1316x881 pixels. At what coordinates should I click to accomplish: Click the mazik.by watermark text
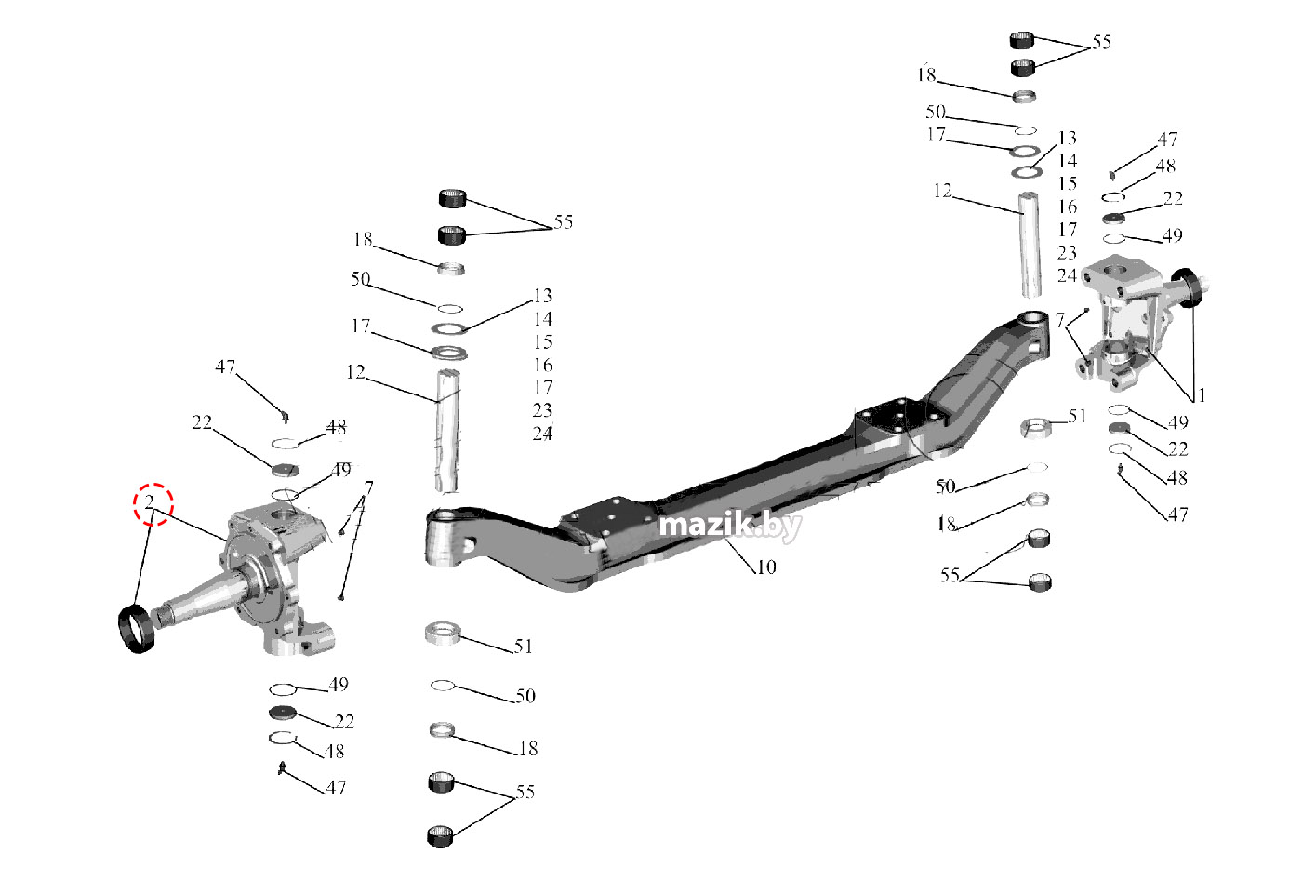click(729, 527)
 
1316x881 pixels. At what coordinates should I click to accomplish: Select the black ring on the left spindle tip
click(136, 629)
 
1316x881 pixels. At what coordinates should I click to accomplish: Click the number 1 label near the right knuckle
click(1201, 395)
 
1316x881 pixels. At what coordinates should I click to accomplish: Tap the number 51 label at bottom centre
click(524, 647)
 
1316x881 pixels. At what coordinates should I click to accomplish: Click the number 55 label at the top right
click(1101, 43)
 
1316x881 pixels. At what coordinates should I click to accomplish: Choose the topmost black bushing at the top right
click(1022, 40)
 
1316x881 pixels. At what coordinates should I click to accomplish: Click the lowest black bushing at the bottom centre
click(440, 834)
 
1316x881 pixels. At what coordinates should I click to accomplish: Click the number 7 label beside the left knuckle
click(369, 488)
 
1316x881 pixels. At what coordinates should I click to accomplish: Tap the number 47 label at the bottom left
click(336, 788)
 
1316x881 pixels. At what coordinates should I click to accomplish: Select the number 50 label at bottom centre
click(525, 696)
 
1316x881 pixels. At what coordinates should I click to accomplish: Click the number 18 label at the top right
click(926, 74)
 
